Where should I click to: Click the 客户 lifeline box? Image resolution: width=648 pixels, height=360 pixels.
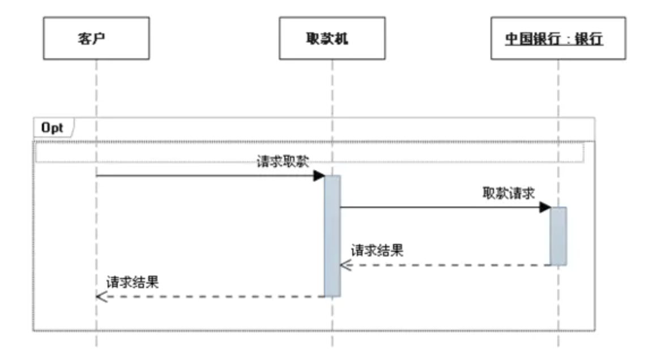[96, 38]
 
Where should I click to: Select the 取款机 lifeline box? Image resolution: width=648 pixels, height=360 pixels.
[332, 38]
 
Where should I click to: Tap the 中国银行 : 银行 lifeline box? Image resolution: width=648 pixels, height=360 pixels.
[558, 38]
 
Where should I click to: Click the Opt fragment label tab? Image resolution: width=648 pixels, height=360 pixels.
[52, 128]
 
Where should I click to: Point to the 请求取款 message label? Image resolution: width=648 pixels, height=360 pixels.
[283, 162]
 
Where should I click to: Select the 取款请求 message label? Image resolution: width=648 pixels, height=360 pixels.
[508, 194]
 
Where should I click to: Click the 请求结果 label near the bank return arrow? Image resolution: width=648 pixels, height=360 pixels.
[377, 251]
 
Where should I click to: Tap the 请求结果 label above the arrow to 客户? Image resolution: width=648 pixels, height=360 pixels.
[133, 282]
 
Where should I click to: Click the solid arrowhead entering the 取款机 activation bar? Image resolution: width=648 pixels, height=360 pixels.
[319, 175]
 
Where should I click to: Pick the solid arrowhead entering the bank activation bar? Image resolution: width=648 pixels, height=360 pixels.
[545, 207]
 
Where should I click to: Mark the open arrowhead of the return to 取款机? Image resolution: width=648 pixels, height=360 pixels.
[346, 264]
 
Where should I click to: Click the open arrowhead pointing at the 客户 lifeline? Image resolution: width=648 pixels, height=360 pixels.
[102, 296]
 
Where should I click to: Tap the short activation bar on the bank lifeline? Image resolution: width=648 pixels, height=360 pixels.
[558, 235]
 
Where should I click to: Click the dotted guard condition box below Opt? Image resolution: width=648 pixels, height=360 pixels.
[309, 152]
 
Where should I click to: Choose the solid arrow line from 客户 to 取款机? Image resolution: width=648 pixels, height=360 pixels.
[204, 175]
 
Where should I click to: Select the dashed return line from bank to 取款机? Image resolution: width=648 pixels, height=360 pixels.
[447, 264]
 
